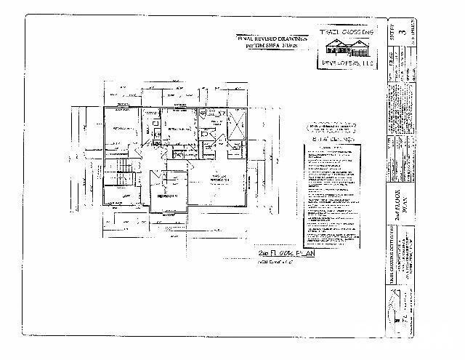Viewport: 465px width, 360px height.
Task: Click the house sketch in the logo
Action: point(347,48)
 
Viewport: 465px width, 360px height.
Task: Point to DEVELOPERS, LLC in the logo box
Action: point(347,65)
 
